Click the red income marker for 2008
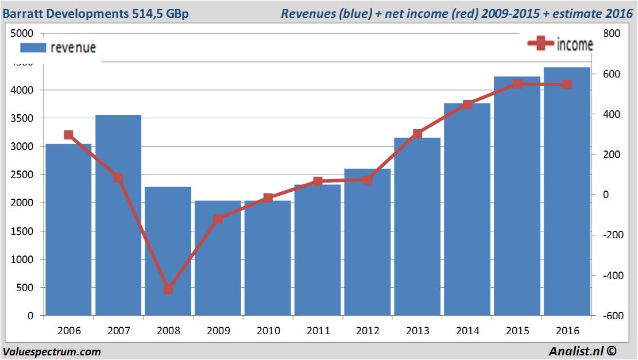[x=168, y=289]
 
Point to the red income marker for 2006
[x=68, y=135]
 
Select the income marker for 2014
[x=467, y=104]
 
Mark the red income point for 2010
[x=268, y=198]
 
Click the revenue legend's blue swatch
[x=33, y=48]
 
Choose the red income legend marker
[x=540, y=44]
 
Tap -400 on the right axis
[x=611, y=276]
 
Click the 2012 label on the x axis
[x=368, y=331]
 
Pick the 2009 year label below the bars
[x=218, y=331]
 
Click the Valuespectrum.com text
[x=52, y=351]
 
